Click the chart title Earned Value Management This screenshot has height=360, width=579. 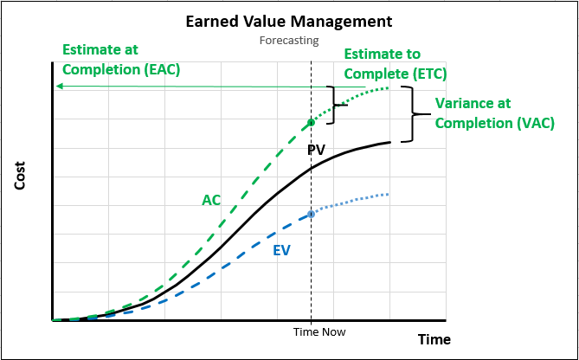(x=289, y=22)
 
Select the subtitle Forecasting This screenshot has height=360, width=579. (x=289, y=40)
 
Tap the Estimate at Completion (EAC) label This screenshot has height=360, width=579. (x=121, y=60)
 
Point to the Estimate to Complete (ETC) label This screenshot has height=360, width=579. (x=396, y=64)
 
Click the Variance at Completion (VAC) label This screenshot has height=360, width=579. (x=495, y=113)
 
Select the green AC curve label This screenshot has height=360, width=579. (x=211, y=200)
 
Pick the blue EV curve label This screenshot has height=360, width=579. (x=282, y=250)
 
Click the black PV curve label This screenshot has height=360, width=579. (x=316, y=150)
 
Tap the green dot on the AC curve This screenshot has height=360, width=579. (x=312, y=122)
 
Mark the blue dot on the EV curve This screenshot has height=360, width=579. (x=312, y=214)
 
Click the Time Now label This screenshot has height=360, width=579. (x=319, y=332)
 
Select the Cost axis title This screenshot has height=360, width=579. (x=20, y=176)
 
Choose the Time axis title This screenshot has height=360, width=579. (x=434, y=339)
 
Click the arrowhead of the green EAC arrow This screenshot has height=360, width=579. (x=58, y=87)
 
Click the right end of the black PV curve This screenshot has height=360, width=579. (x=390, y=142)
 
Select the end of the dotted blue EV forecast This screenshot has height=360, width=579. (x=388, y=194)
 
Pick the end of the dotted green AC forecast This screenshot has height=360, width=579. (x=388, y=87)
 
